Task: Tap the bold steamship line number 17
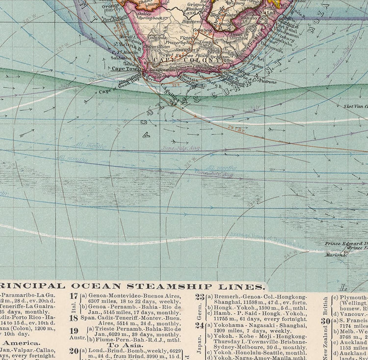[74, 296]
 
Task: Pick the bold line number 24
[199, 325]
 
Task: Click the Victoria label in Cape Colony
[188, 37]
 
